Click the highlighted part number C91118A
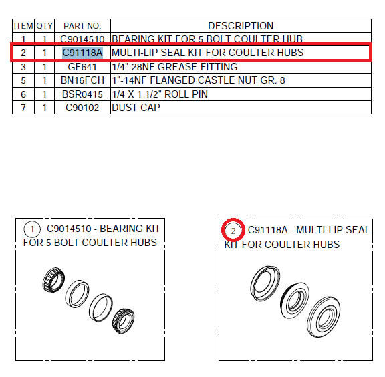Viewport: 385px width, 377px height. (x=82, y=53)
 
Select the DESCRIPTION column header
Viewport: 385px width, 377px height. (x=241, y=26)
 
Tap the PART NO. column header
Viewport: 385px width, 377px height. (x=82, y=26)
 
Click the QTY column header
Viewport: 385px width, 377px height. (x=44, y=26)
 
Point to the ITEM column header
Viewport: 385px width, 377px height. (x=23, y=26)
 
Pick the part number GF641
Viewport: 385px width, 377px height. (x=82, y=67)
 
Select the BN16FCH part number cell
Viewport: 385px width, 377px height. (x=82, y=80)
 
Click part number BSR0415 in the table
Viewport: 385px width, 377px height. (x=82, y=94)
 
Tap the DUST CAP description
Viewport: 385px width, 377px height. (x=136, y=108)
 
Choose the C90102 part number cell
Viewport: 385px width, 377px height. (x=82, y=108)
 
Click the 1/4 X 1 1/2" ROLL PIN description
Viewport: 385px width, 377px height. (x=160, y=94)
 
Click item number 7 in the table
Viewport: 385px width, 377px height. (x=23, y=108)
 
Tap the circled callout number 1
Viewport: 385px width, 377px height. (x=32, y=229)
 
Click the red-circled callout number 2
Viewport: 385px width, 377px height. (x=233, y=231)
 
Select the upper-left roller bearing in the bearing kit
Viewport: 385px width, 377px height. (x=53, y=279)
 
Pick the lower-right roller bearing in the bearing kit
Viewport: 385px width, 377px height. (x=123, y=320)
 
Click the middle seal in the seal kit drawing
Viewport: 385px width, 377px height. (x=294, y=300)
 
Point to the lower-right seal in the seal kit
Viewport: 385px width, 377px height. (x=324, y=317)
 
